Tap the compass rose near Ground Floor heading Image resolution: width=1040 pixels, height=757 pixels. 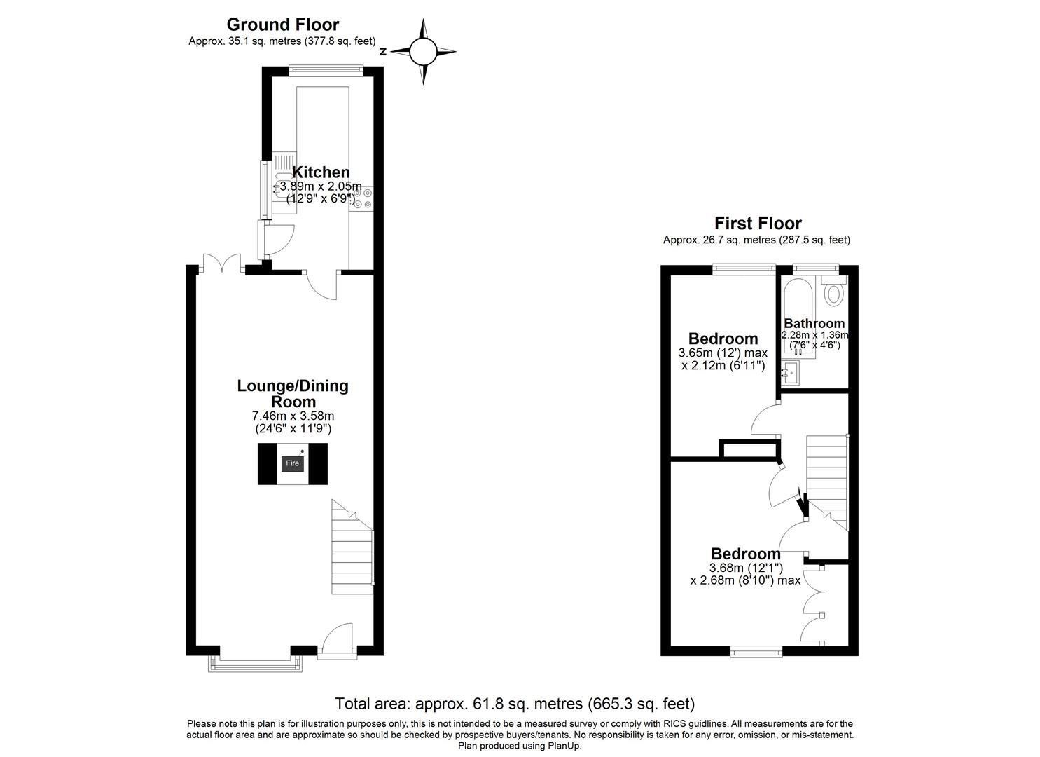(423, 51)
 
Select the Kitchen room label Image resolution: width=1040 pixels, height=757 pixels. (320, 172)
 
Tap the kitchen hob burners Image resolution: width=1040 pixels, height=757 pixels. (362, 198)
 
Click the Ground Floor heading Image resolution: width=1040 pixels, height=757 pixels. (282, 25)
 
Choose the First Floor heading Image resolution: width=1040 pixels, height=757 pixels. (758, 224)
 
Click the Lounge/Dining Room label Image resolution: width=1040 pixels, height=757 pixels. (293, 393)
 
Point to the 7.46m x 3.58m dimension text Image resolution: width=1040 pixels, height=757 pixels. (293, 416)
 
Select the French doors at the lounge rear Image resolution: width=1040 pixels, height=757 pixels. (221, 264)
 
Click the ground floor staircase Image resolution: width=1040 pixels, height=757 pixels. (352, 554)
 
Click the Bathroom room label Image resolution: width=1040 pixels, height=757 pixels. (814, 323)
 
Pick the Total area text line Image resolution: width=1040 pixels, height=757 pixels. (515, 703)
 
